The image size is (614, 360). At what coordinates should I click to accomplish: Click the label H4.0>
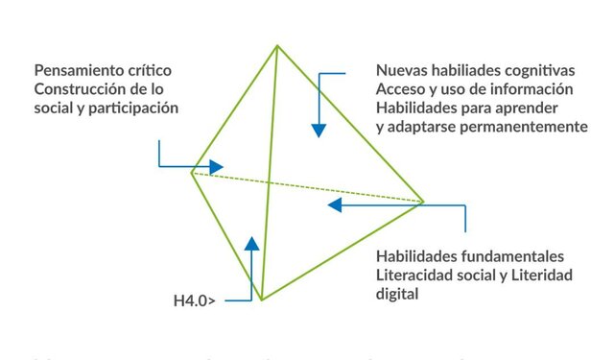(194, 301)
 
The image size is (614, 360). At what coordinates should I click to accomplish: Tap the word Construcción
(81, 89)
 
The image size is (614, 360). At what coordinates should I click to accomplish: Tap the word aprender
(541, 108)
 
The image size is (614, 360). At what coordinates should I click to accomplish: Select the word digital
(397, 294)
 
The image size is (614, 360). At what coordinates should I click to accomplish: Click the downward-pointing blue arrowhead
(319, 129)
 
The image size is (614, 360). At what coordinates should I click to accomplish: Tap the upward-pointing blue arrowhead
(251, 244)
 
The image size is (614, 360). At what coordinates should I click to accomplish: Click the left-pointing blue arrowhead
(335, 204)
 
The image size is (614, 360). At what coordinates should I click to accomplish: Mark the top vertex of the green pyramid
(277, 45)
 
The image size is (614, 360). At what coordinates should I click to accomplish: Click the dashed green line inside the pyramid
(307, 187)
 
